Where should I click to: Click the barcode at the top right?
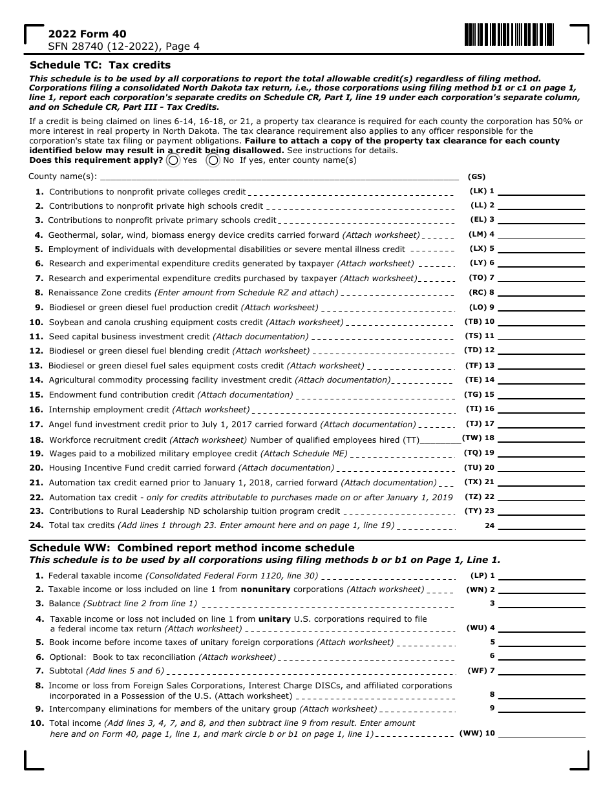pyautogui.click(x=509, y=35)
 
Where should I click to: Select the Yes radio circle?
pyautogui.click(x=173, y=160)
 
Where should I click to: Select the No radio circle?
pyautogui.click(x=213, y=160)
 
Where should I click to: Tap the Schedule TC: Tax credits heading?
pyautogui.click(x=100, y=65)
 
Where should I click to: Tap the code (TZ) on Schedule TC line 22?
pyautogui.click(x=473, y=497)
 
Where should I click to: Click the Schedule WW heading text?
pyautogui.click(x=192, y=548)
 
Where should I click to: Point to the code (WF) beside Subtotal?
pyautogui.click(x=476, y=671)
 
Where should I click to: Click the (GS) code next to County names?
pyautogui.click(x=476, y=176)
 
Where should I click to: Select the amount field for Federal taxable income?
pyautogui.click(x=541, y=575)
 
